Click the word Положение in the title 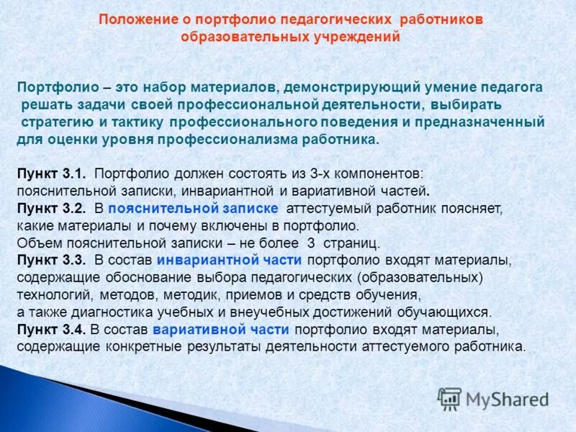(x=135, y=18)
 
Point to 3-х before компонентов (x=326, y=174)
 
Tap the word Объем (x=36, y=243)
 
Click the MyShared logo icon (x=449, y=398)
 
